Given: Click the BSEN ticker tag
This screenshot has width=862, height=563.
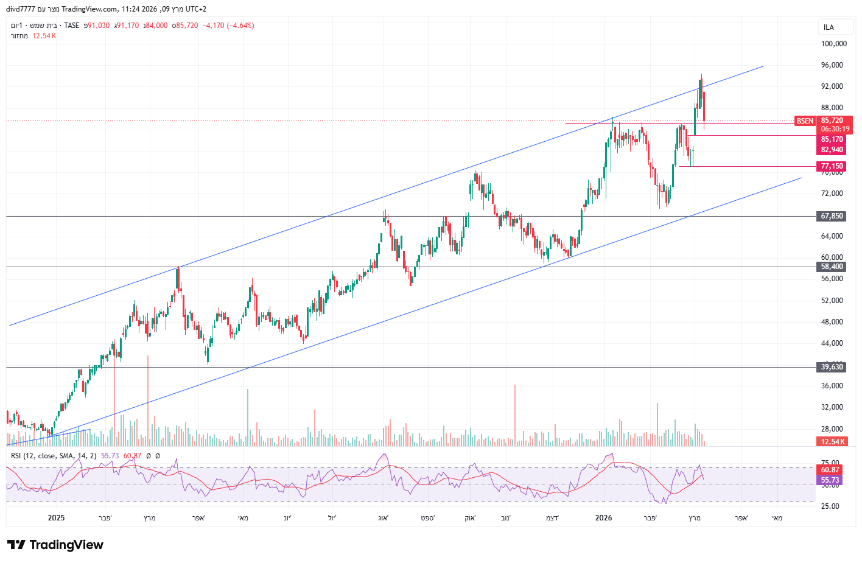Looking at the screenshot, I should (x=805, y=121).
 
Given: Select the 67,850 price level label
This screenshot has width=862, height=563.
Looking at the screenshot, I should (x=832, y=216).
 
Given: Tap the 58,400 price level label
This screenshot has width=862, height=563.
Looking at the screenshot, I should (x=832, y=267).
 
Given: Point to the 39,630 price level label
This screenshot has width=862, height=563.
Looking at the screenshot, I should (x=832, y=367).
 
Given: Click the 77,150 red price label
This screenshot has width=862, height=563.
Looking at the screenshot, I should (x=832, y=166).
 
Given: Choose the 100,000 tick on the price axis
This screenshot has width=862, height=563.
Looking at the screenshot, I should (x=833, y=44).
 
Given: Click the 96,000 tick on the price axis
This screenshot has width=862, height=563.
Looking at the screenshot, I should (x=832, y=65).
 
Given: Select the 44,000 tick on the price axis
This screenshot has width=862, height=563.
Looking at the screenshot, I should (x=832, y=343).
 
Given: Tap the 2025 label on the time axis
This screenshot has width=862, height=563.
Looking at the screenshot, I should (x=56, y=518).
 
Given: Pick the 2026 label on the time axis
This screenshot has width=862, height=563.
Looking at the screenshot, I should (x=603, y=518).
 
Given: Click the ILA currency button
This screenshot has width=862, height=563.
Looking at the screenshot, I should (x=829, y=27).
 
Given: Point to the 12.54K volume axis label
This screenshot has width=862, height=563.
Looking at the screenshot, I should (x=833, y=442).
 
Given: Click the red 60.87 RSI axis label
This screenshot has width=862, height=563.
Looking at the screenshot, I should (x=830, y=470).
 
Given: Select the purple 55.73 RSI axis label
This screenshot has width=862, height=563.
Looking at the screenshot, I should (x=830, y=480).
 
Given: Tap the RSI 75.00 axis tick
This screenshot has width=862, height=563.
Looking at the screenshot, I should (x=830, y=463).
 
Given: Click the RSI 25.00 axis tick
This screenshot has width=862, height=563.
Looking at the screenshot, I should (x=830, y=506).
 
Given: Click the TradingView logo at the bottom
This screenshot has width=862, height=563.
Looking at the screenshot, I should (x=55, y=545).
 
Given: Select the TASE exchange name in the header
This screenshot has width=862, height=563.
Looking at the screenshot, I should (x=72, y=26).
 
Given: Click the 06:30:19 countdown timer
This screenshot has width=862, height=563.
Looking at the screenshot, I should (x=835, y=129).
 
